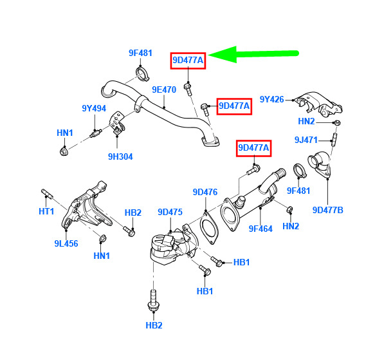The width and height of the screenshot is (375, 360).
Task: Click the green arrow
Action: point(253,54)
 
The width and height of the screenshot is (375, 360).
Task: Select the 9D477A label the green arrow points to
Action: point(188,61)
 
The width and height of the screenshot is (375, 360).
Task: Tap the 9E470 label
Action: point(164,90)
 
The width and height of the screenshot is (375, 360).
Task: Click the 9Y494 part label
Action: point(94,108)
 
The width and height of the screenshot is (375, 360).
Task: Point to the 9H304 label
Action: point(120,156)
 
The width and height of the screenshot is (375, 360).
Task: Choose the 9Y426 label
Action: point(271,99)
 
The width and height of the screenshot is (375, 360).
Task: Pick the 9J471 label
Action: point(306,140)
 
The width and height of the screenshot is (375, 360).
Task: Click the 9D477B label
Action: point(328,210)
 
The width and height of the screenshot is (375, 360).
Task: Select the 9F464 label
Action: point(261,229)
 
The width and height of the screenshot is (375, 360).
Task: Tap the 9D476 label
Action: point(205,192)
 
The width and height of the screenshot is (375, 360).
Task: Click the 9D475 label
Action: point(170,212)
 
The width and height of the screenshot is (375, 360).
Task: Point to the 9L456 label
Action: point(66,243)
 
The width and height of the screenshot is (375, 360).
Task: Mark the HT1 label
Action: point(46,211)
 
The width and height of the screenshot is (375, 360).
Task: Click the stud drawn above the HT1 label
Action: point(47,194)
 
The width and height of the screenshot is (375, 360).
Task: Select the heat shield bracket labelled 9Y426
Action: point(318,104)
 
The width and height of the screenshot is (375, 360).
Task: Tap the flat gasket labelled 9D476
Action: point(208,227)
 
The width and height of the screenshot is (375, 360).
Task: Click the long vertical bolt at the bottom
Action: point(153,301)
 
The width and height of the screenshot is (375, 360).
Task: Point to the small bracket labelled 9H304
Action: point(118,124)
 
